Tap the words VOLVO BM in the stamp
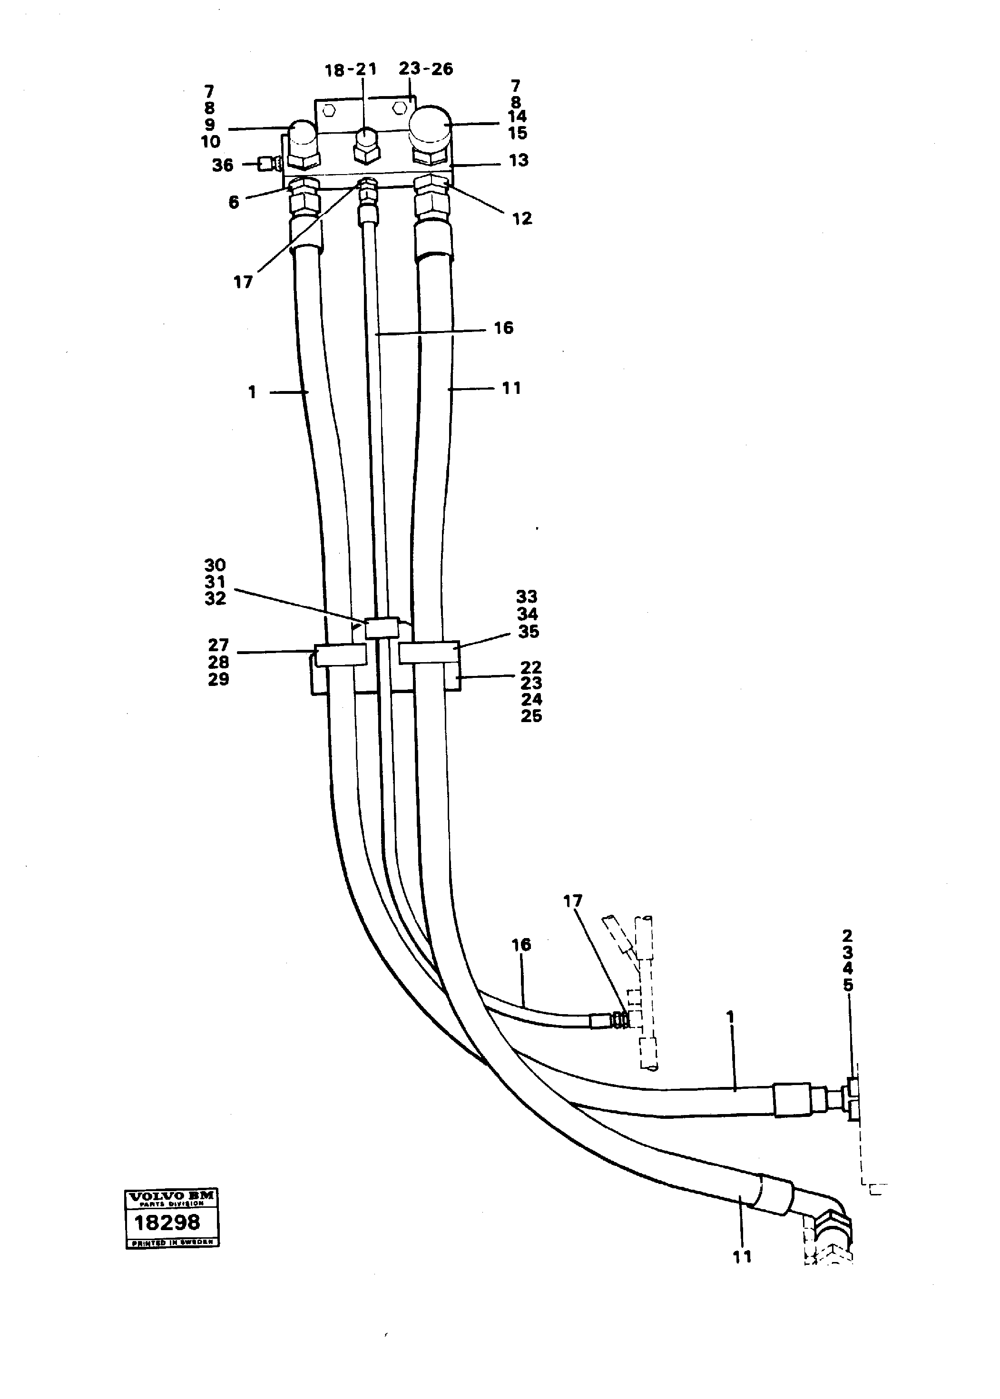[171, 1196]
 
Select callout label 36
[223, 165]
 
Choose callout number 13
[519, 160]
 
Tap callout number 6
[234, 202]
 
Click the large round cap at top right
[431, 126]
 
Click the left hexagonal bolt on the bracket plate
[329, 111]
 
